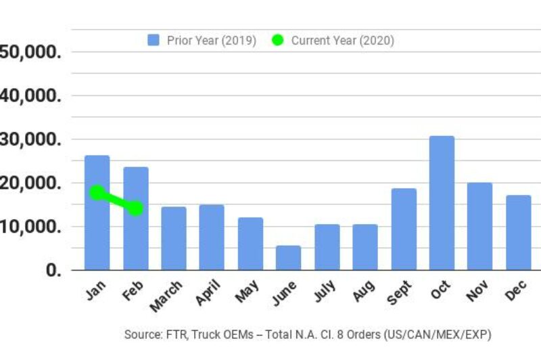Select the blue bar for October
pyautogui.click(x=442, y=203)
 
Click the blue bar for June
pyautogui.click(x=288, y=258)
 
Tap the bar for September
pyautogui.click(x=404, y=229)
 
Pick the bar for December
pyautogui.click(x=519, y=233)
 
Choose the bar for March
pyautogui.click(x=174, y=238)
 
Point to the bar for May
pyautogui.click(x=250, y=244)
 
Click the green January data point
pyautogui.click(x=97, y=193)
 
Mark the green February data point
pyautogui.click(x=135, y=208)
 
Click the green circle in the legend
pyautogui.click(x=277, y=41)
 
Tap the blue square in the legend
pyautogui.click(x=154, y=41)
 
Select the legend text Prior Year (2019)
pyautogui.click(x=211, y=41)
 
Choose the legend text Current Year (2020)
pyautogui.click(x=342, y=41)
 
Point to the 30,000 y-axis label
pyautogui.click(x=30, y=139)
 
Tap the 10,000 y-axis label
pyautogui.click(x=30, y=227)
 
